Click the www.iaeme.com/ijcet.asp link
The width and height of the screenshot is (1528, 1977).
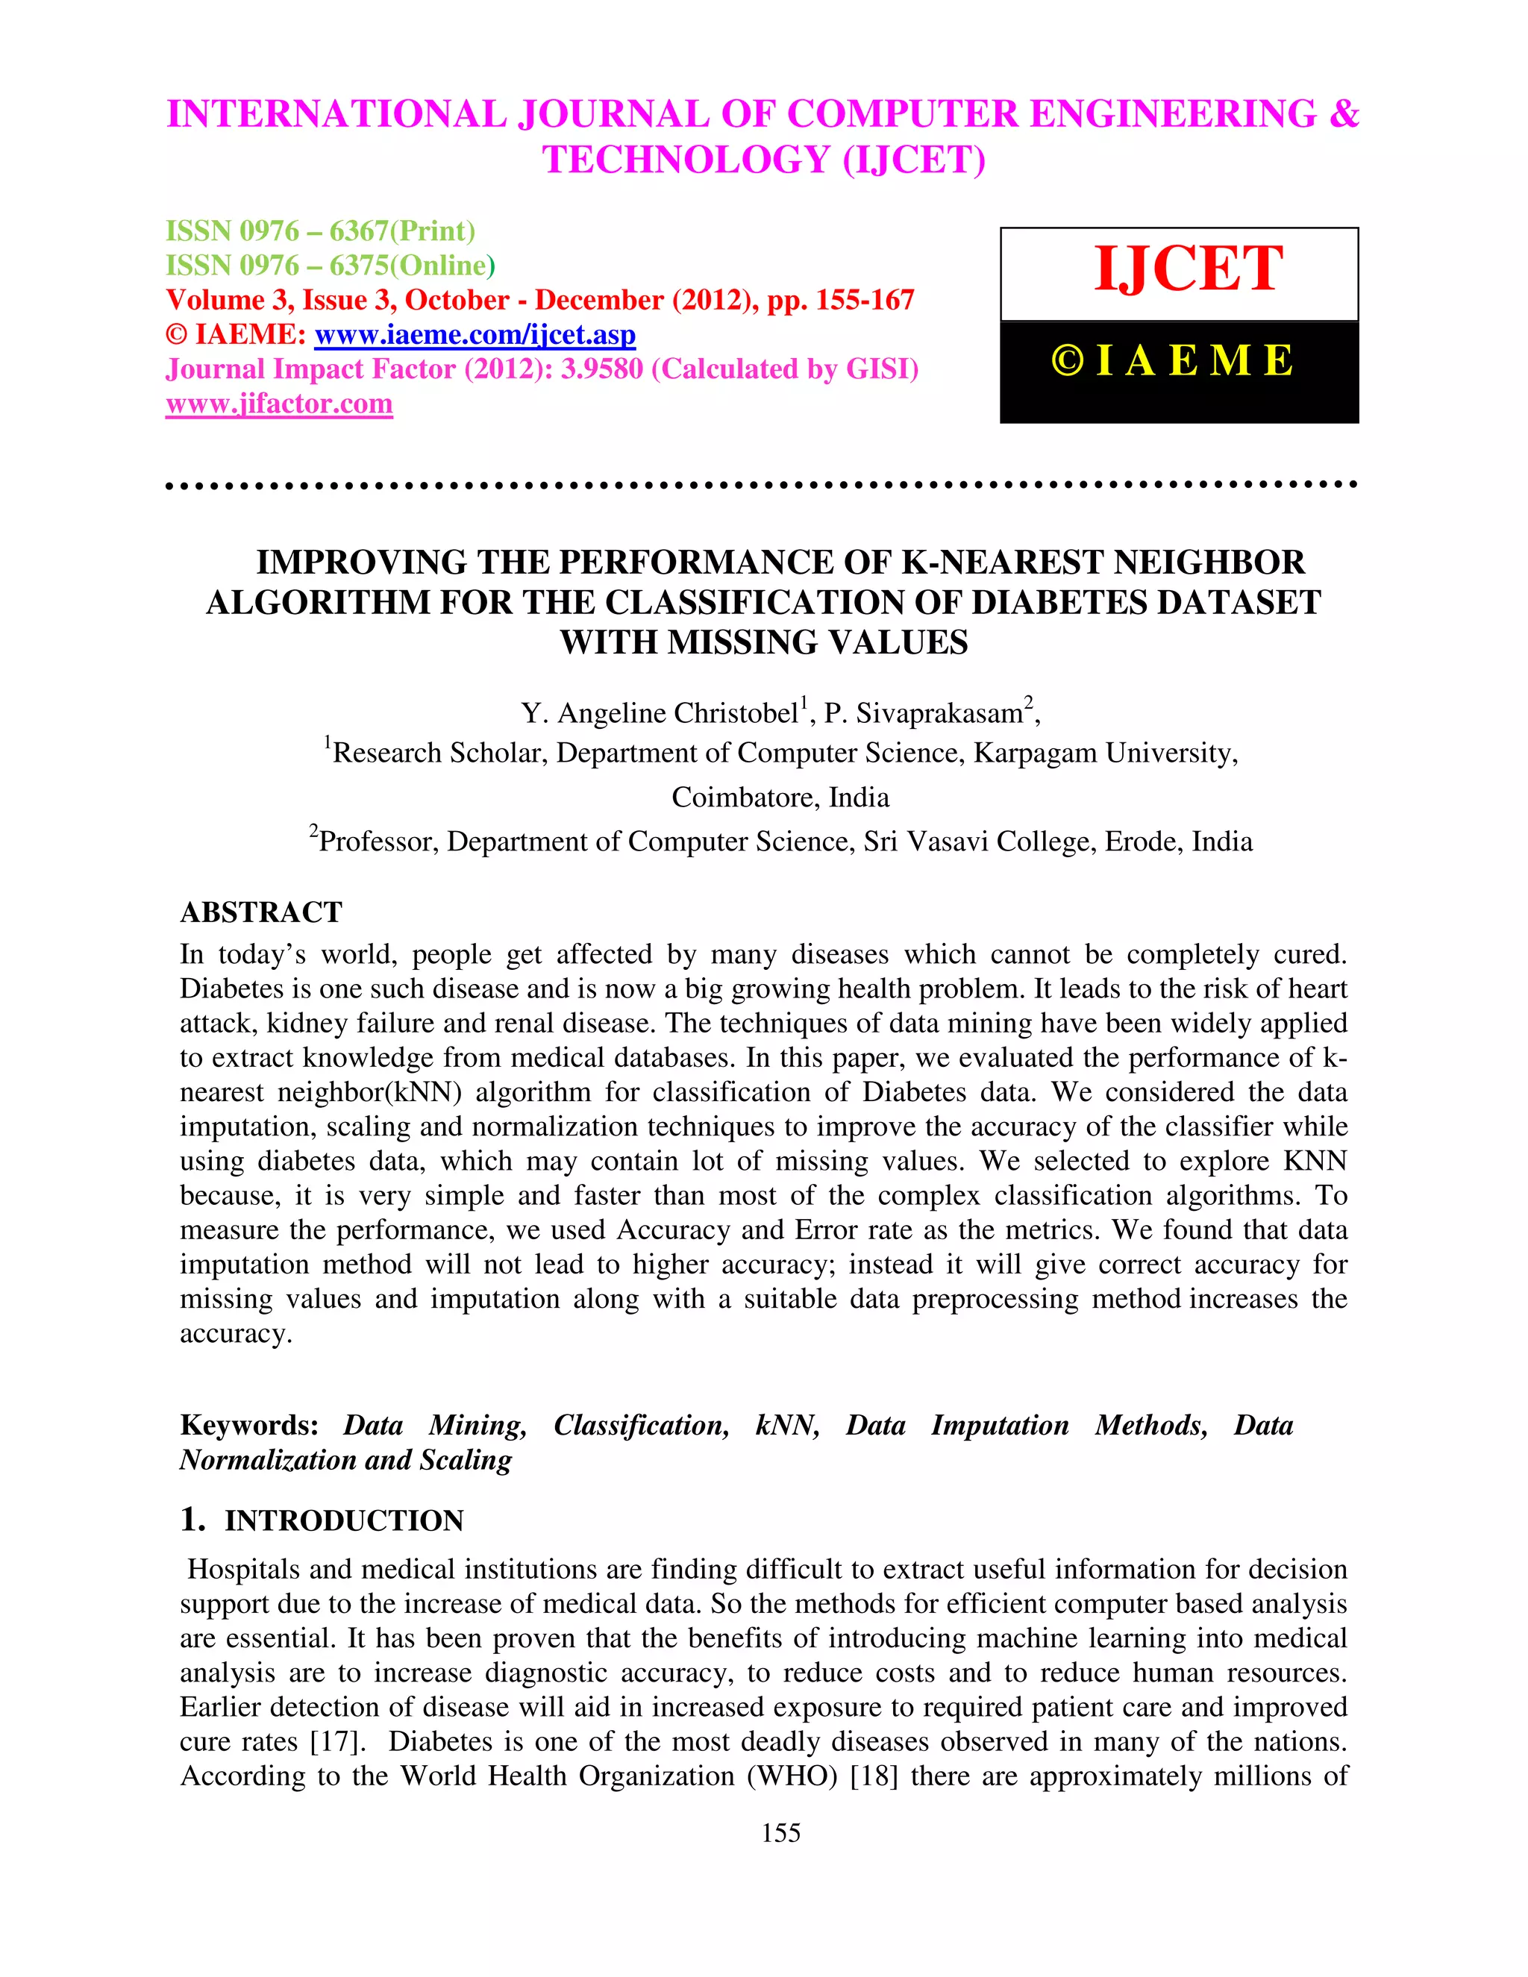pos(475,335)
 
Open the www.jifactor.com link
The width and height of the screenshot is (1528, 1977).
pos(279,404)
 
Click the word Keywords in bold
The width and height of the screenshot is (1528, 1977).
pos(249,1426)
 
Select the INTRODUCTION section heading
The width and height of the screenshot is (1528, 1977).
pos(344,1520)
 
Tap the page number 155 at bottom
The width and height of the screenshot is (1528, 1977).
pos(780,1833)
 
